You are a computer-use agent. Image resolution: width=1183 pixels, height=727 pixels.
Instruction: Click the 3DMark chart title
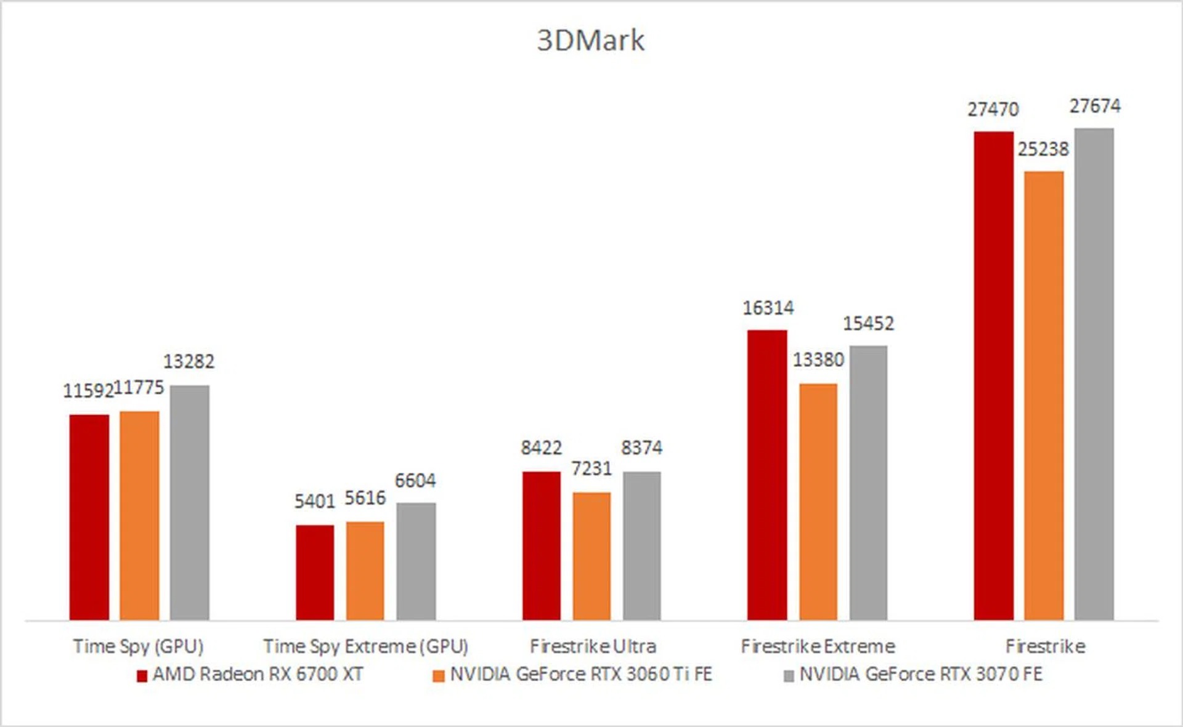point(590,41)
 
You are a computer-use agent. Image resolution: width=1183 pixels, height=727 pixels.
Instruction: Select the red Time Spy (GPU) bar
point(89,517)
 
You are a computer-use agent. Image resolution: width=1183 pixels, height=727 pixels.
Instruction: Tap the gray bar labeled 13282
point(190,502)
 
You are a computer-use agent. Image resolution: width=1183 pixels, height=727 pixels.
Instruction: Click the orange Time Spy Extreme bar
point(365,571)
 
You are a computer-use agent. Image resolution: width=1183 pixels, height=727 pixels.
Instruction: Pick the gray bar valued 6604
point(416,561)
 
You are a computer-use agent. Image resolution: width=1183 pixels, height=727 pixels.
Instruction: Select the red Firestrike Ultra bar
point(542,545)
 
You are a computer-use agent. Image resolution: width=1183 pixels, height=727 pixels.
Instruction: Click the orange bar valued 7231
point(591,556)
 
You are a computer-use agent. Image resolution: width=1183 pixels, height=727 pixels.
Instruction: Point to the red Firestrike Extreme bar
point(767,475)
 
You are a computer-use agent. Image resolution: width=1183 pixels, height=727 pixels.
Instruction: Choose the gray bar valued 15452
point(868,483)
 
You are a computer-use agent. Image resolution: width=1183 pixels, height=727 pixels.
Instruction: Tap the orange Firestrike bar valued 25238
point(1044,395)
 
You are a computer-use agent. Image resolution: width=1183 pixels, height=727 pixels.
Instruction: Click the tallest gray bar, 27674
point(1094,374)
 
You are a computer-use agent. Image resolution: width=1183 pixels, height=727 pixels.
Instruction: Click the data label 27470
point(993,110)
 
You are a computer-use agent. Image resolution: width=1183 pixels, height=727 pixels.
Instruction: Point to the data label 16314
point(768,308)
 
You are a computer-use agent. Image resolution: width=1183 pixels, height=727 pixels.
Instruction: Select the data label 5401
point(314,502)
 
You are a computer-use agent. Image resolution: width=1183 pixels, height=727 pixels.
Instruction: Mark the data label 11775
point(139,388)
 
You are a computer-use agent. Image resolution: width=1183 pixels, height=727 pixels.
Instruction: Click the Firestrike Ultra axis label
point(593,646)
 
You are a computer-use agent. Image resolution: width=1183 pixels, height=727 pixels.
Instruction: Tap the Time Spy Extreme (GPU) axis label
point(365,646)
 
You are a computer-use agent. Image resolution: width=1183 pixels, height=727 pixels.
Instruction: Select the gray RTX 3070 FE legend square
point(789,677)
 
